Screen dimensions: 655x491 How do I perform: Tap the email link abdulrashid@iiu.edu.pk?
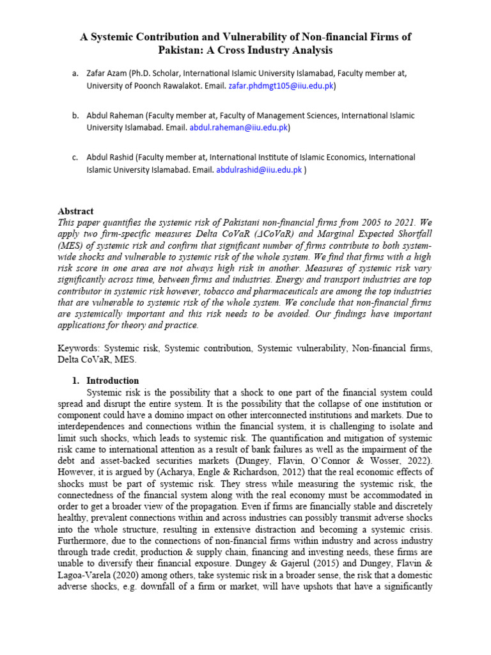[259, 170]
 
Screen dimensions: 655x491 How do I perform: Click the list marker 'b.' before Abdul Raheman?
[75, 116]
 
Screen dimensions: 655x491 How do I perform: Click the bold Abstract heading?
[76, 211]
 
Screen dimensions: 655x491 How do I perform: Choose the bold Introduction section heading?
[113, 381]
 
